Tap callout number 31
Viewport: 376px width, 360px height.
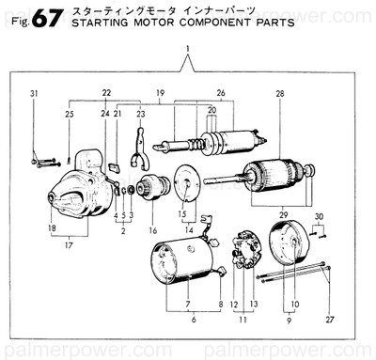coord(33,93)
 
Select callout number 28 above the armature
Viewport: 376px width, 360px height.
coord(280,94)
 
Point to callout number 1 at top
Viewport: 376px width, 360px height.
coord(188,47)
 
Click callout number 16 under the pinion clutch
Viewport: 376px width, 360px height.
coord(152,229)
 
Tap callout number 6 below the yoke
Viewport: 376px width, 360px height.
coord(193,321)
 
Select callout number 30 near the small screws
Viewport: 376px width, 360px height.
coord(319,216)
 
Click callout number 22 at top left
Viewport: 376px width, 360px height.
coord(106,91)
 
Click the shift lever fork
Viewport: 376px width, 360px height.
coord(139,147)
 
